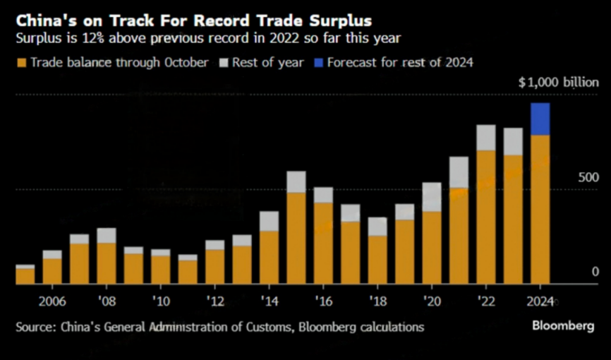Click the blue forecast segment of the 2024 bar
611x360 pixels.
click(x=540, y=119)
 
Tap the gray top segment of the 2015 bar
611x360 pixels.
click(x=296, y=181)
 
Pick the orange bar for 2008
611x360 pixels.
click(x=107, y=263)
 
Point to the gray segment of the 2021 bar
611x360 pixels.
click(x=459, y=172)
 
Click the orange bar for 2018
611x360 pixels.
click(x=378, y=259)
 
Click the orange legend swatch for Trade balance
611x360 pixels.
click(x=22, y=62)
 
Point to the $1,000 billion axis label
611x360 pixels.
click(x=558, y=83)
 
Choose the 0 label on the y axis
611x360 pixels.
click(x=595, y=272)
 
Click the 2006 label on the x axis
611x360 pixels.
click(x=53, y=302)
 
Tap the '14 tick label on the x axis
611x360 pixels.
click(x=268, y=302)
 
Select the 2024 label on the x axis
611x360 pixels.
click(x=540, y=302)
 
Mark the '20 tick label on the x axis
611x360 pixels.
click(x=431, y=302)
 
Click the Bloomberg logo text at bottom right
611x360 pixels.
click(x=562, y=326)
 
